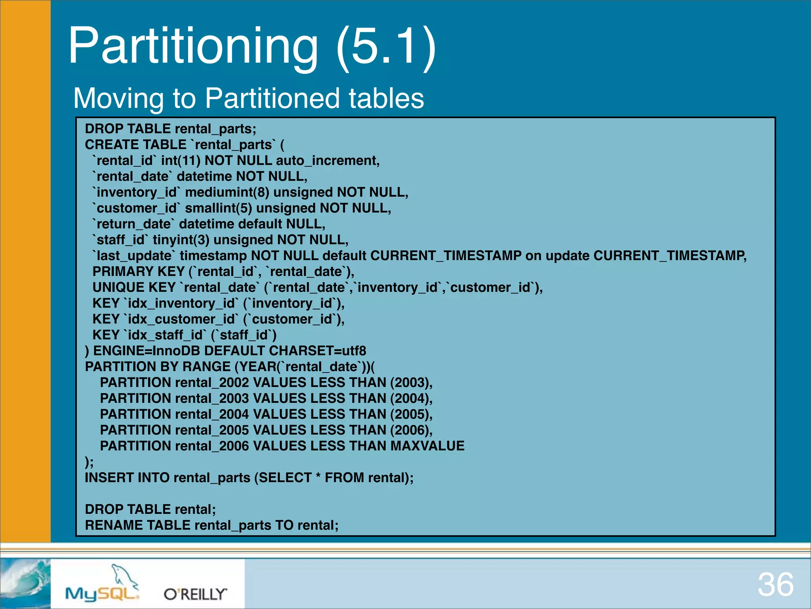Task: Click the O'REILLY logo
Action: click(x=196, y=594)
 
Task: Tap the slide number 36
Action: click(x=775, y=585)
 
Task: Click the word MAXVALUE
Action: click(x=427, y=446)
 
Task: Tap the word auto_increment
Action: click(x=327, y=161)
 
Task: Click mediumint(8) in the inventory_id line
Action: click(x=227, y=192)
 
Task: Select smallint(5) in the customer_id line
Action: click(x=219, y=208)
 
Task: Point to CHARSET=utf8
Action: click(x=318, y=351)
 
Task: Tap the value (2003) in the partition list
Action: click(x=410, y=383)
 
